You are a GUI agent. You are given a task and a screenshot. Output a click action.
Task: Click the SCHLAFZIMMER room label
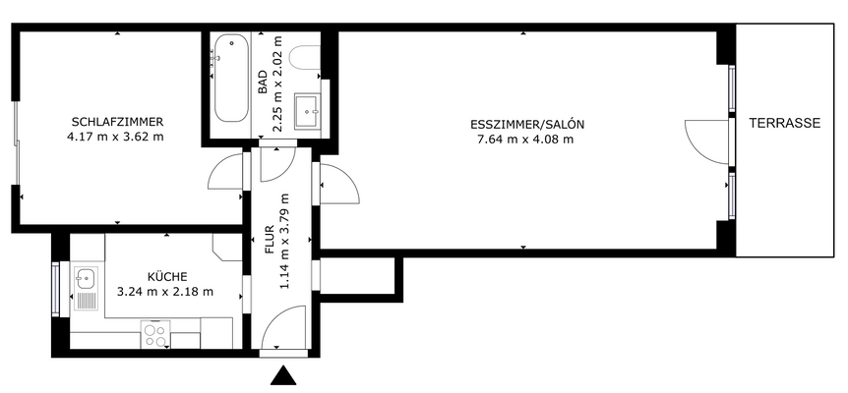pyautogui.click(x=116, y=122)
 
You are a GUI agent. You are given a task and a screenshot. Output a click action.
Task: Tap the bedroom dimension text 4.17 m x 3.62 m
pyautogui.click(x=116, y=137)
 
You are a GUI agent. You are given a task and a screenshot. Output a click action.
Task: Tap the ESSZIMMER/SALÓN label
pyautogui.click(x=527, y=125)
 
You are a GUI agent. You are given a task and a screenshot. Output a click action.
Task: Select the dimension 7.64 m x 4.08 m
pyautogui.click(x=524, y=140)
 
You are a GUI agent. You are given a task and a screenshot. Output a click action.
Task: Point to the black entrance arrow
pyautogui.click(x=283, y=376)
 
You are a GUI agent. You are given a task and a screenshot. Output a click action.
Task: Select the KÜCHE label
pyautogui.click(x=166, y=277)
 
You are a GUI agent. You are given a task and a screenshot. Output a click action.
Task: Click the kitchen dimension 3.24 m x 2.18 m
pyautogui.click(x=165, y=292)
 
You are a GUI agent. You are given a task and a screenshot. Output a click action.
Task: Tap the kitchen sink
pyautogui.click(x=85, y=279)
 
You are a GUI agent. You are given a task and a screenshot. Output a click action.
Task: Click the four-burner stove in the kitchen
pyautogui.click(x=155, y=335)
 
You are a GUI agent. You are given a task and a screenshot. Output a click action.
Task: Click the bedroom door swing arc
pyautogui.click(x=225, y=175)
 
